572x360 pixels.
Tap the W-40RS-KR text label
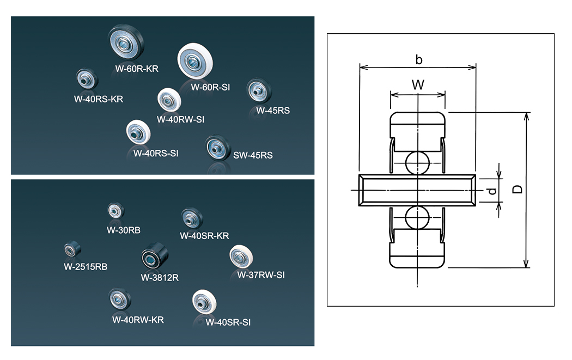point(99,99)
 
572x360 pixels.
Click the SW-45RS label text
point(253,155)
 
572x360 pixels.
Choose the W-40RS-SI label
point(156,153)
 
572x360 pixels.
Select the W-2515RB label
point(86,267)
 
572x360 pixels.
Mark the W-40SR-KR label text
point(204,236)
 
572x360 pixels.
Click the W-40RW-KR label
point(138,320)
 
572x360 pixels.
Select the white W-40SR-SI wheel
point(205,302)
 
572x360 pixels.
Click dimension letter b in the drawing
point(418,59)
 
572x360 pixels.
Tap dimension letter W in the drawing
point(417,85)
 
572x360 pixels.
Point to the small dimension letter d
point(491,191)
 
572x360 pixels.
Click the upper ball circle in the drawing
point(417,162)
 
